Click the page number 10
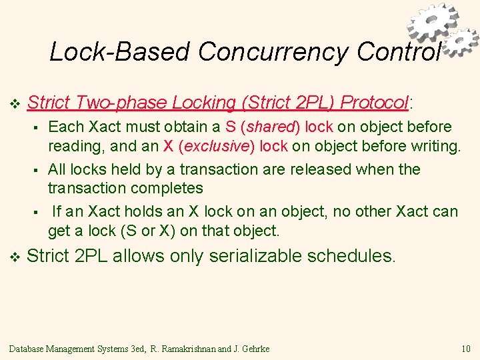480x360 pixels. point(465,349)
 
